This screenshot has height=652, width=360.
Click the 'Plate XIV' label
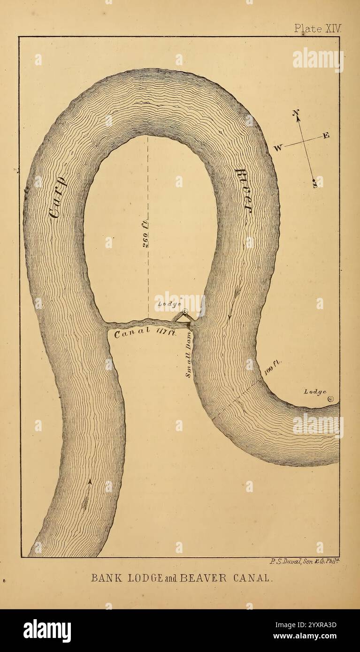(315, 28)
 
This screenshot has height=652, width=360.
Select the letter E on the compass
(326, 136)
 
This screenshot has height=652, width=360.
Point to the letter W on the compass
(278, 148)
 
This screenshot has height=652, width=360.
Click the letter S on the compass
(315, 185)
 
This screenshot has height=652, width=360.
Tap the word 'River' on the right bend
(244, 191)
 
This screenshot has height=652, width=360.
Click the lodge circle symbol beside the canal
(185, 312)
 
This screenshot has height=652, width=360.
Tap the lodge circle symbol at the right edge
(330, 399)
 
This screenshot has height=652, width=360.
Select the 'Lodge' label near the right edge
(315, 392)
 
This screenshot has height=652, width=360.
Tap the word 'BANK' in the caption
(104, 577)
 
